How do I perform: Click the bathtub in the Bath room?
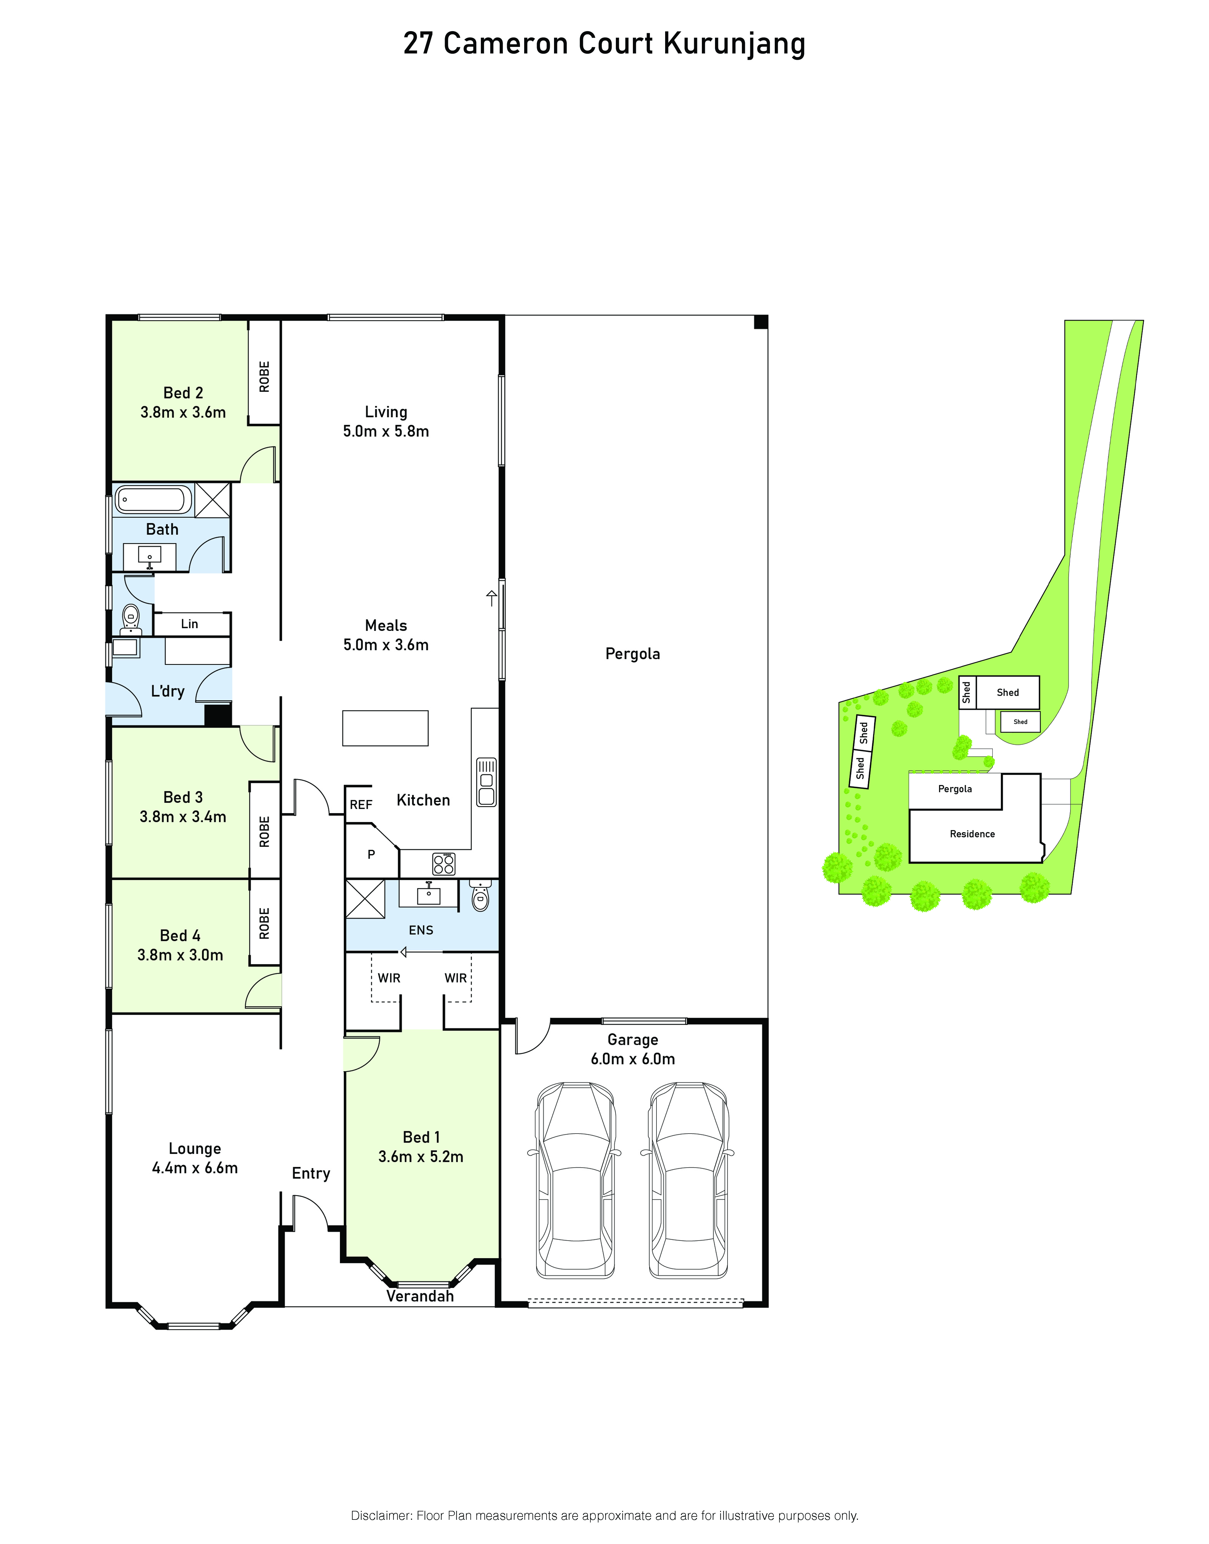154,500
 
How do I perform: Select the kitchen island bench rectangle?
386,729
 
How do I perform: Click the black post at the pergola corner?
761,322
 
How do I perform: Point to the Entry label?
312,1174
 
